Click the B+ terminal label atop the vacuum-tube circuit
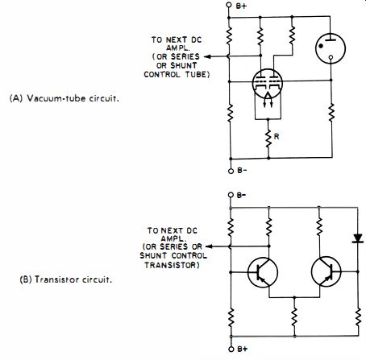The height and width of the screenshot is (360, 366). pos(241,6)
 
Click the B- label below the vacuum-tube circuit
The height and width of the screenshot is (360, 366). pos(242,171)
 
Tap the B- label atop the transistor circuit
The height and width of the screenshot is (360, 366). pos(241,195)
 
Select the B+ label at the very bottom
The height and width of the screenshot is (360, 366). pos(242,349)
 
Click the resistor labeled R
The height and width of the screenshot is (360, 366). pos(268,139)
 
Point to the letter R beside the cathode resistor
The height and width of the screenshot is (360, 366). pos(277,136)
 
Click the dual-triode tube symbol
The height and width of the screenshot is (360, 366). pos(268,84)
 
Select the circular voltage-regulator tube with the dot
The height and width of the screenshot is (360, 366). pos(331,48)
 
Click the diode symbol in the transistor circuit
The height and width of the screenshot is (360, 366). pos(358,238)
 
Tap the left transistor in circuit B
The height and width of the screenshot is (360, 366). pos(263,272)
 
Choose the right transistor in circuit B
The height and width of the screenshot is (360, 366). pos(326,271)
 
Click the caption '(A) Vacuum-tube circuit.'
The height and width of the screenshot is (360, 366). pos(64,98)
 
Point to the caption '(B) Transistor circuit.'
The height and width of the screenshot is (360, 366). pos(66,279)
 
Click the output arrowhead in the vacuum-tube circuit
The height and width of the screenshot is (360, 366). pos(207,56)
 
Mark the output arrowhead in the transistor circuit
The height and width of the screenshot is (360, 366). pos(209,246)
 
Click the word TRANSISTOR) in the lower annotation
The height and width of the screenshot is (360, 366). pos(172,265)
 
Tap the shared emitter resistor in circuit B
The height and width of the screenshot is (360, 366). pos(294,317)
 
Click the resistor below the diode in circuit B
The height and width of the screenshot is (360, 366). pos(358,317)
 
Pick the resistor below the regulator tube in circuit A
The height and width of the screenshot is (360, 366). pos(331,112)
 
